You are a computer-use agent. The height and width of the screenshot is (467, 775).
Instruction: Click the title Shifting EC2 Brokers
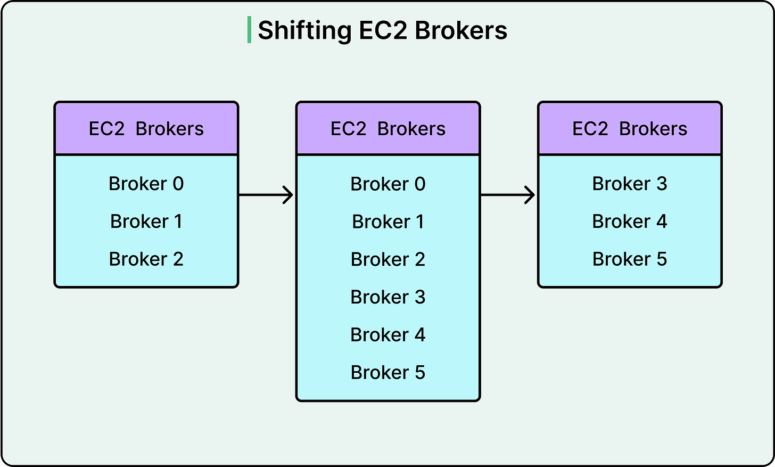[x=382, y=30]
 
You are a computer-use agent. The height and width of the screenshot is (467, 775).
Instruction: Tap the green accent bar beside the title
[x=249, y=30]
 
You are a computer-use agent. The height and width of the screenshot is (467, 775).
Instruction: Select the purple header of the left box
[x=146, y=129]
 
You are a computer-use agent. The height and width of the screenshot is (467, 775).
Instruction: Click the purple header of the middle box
[x=388, y=129]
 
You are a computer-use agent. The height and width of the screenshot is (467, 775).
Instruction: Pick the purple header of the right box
[x=630, y=129]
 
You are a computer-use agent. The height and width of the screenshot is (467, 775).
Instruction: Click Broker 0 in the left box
[x=146, y=184]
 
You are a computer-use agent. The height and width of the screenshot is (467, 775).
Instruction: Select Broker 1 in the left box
[x=146, y=222]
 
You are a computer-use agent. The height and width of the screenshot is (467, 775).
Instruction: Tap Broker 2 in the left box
[x=146, y=259]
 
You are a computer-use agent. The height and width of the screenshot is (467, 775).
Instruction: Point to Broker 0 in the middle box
[x=388, y=184]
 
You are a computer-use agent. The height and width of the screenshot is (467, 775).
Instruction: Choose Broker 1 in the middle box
[x=388, y=222]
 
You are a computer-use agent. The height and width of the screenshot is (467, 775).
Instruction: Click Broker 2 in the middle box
[x=388, y=260]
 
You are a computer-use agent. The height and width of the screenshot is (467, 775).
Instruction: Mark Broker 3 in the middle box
[x=388, y=297]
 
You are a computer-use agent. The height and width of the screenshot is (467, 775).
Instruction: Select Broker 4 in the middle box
[x=388, y=335]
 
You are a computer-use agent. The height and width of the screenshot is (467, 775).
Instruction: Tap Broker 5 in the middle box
[x=388, y=373]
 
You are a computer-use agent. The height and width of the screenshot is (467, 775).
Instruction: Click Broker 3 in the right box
[x=630, y=184]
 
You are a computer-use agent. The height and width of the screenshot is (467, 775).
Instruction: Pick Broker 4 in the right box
[x=630, y=222]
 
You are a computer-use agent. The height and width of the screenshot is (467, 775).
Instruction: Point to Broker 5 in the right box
[x=630, y=259]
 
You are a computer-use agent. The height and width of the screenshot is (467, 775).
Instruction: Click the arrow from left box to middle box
[x=266, y=195]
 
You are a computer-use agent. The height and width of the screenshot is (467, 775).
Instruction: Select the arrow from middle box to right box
[x=508, y=195]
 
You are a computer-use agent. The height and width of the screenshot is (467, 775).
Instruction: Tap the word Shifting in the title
[x=304, y=30]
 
